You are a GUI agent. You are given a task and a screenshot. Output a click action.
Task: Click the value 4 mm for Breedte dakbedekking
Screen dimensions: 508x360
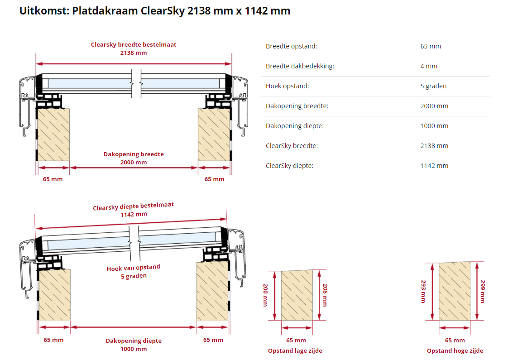coord(429,66)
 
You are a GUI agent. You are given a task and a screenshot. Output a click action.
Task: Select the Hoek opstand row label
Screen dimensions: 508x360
coord(287,86)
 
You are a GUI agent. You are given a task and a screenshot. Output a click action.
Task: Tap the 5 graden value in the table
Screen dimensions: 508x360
coord(433,86)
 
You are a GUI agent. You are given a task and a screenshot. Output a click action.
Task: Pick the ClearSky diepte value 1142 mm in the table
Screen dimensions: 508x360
coord(434,166)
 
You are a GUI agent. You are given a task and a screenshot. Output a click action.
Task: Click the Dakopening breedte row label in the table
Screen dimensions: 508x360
coord(297,106)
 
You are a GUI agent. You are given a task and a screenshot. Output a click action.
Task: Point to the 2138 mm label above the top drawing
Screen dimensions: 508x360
coord(134,53)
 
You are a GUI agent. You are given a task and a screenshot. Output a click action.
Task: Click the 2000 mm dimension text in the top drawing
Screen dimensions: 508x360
coord(134,163)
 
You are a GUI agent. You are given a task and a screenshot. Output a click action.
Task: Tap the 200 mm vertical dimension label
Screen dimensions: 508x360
coord(265,295)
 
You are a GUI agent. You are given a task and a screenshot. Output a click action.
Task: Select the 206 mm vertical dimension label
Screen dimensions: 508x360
coord(325,295)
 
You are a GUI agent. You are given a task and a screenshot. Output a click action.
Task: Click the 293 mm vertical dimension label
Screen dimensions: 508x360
coord(423,291)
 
